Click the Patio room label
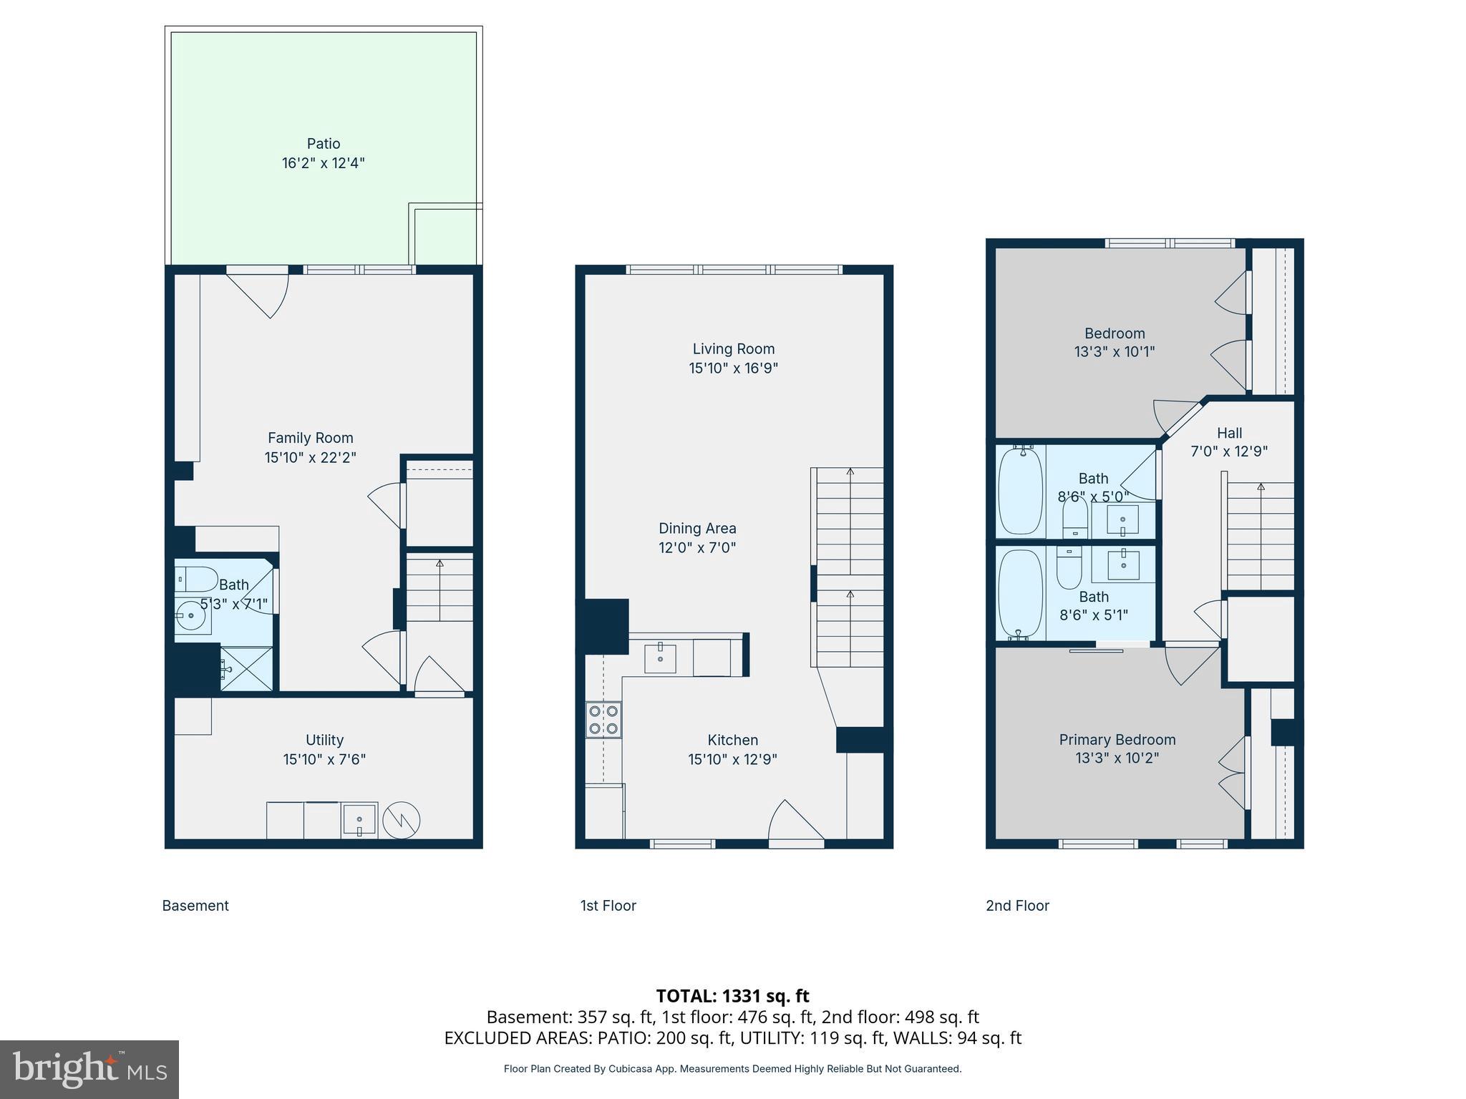[x=324, y=144]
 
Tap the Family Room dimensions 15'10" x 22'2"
[x=310, y=457]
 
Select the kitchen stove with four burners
[x=603, y=720]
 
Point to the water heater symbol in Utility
[x=402, y=821]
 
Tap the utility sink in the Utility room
[x=359, y=820]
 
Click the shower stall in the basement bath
[x=246, y=668]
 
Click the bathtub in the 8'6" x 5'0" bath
[x=1020, y=490]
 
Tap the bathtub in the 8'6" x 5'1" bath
[x=1020, y=594]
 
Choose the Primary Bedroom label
[x=1117, y=740]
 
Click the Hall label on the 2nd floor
[x=1229, y=433]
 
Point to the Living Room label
[x=733, y=349]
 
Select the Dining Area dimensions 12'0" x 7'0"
[x=697, y=548]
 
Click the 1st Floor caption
[x=608, y=906]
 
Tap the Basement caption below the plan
[x=195, y=906]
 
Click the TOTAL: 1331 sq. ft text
[x=732, y=996]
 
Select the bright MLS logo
[x=89, y=1069]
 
